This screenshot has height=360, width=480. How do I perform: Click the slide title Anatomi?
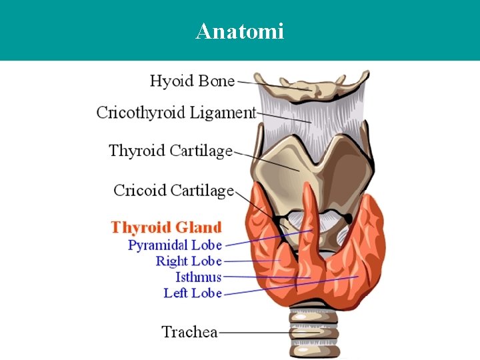(240, 31)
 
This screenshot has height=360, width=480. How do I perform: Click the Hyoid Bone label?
(192, 81)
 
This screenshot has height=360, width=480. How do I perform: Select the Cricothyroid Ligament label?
(176, 112)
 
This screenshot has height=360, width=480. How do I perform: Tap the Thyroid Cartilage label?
(171, 151)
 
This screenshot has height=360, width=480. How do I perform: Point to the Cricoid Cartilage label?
(173, 191)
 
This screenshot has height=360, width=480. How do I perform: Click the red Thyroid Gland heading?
(166, 228)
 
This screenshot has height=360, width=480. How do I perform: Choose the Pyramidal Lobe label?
(175, 245)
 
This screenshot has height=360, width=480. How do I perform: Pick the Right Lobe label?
(189, 261)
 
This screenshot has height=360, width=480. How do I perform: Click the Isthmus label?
(198, 277)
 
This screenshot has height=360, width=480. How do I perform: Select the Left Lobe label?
(193, 293)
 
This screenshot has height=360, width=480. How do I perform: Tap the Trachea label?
(189, 331)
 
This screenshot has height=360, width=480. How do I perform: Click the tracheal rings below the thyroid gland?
(313, 333)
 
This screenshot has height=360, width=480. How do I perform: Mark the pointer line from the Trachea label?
(253, 331)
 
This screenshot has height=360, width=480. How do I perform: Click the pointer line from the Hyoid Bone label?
(267, 85)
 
